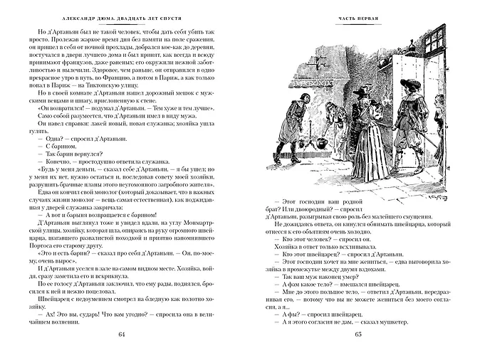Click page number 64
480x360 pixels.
(x=120, y=336)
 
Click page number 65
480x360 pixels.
(x=358, y=336)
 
